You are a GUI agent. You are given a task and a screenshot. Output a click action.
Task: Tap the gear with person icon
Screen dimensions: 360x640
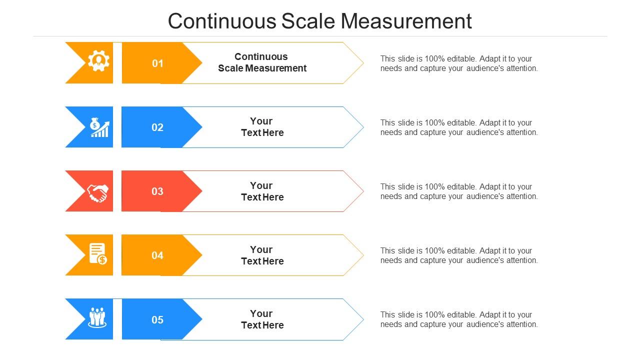98,61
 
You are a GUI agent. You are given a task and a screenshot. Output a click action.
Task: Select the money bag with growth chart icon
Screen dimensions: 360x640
99,127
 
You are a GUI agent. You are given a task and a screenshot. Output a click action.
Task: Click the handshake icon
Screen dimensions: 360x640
97,192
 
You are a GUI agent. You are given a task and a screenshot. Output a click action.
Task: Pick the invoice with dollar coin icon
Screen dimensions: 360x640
98,254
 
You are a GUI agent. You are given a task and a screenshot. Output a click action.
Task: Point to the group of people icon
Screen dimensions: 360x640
97,317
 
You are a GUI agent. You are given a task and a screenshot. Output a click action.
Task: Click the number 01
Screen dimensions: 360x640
157,63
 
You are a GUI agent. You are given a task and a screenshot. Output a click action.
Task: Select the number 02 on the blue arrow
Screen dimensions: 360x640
157,127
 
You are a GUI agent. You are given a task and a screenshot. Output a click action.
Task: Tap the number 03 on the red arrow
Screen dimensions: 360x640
157,191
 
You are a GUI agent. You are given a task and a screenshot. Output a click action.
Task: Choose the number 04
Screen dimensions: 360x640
157,255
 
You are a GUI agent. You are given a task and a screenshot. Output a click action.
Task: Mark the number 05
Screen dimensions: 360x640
157,320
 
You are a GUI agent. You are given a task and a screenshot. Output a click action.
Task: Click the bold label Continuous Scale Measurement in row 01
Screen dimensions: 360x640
262,62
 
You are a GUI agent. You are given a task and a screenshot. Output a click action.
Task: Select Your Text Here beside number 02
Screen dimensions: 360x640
262,127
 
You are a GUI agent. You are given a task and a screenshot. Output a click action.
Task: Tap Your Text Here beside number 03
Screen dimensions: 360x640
262,191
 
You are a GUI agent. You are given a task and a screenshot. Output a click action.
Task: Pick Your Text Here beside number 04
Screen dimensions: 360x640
262,255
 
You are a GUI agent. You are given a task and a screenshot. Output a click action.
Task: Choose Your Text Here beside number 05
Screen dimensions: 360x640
262,319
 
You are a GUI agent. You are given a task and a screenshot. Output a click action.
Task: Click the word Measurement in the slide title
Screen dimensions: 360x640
406,21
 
